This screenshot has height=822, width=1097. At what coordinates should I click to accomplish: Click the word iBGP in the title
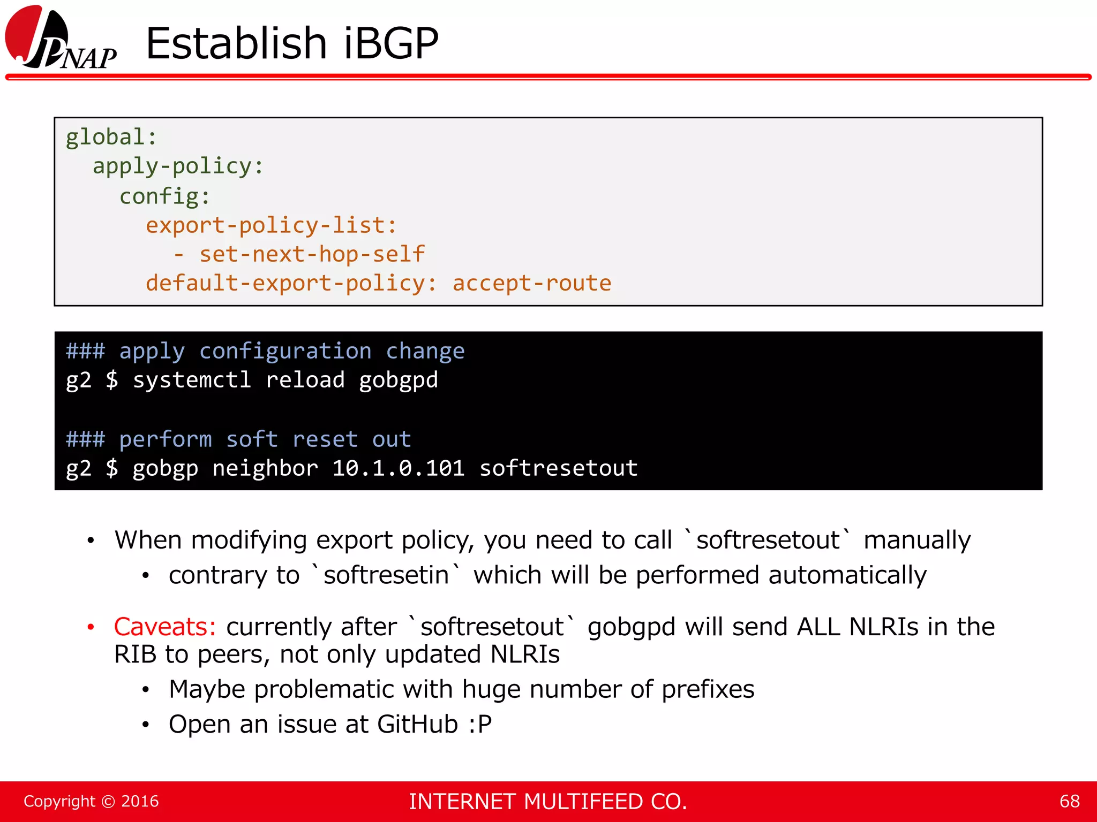390,43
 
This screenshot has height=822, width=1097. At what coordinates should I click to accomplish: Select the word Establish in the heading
236,43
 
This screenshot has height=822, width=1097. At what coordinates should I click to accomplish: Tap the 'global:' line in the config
111,137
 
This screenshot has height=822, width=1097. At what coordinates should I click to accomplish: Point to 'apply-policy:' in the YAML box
178,166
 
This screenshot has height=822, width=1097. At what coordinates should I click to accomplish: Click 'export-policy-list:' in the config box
271,225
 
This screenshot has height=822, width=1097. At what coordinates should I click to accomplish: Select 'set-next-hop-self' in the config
312,254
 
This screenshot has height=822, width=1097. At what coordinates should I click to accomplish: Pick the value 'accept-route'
531,283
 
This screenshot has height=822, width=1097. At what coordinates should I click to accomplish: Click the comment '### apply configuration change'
265,351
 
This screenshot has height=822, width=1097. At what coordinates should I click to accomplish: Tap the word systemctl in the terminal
192,380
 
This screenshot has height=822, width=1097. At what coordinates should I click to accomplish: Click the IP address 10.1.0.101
398,468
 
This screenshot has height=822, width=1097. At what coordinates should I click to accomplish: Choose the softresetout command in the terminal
558,468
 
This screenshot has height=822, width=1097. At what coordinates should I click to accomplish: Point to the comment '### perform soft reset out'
238,439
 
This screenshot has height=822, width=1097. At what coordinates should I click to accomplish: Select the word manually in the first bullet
916,540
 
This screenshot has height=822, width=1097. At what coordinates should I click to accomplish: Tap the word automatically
847,575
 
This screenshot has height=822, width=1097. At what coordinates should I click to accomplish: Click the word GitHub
417,724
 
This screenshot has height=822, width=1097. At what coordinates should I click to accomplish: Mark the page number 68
1069,801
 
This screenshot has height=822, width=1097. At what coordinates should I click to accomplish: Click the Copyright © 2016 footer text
91,801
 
